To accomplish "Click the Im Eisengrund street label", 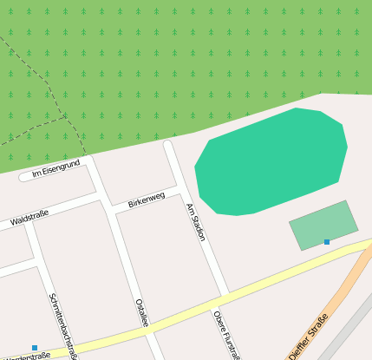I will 55,168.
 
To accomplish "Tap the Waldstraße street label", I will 29,217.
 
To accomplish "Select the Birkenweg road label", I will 146,200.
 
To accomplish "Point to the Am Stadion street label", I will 196,222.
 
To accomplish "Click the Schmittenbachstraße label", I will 64,325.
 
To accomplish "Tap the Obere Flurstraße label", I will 227,334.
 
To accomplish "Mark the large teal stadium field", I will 271,162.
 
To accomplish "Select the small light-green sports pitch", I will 323,224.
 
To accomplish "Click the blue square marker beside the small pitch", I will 327,241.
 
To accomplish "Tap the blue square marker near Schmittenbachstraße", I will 35,348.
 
